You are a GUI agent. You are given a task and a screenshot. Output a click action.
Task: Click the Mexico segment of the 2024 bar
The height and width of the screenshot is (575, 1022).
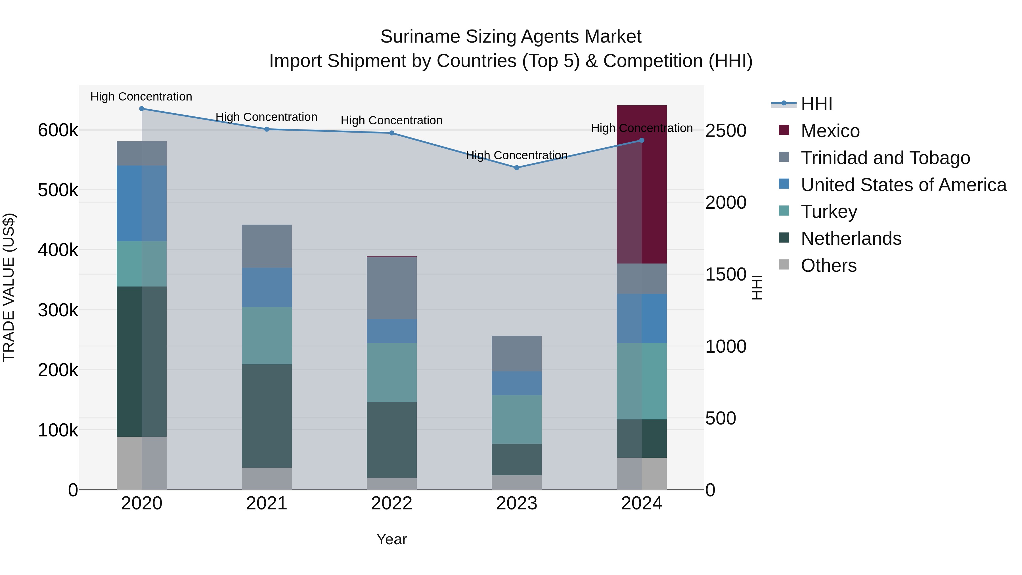click(642, 185)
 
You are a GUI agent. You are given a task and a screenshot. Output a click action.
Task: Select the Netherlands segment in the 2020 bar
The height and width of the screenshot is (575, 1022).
click(141, 361)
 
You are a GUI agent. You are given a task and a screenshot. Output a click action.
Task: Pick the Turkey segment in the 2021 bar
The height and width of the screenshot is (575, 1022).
click(267, 335)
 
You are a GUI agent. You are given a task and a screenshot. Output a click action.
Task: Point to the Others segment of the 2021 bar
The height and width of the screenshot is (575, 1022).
click(267, 478)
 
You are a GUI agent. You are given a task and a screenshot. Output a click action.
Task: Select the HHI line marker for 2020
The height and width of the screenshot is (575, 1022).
click(142, 109)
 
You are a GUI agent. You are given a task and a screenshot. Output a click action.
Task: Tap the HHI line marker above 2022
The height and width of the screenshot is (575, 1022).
click(391, 133)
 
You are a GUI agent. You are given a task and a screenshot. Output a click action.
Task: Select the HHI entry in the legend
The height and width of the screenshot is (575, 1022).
click(816, 104)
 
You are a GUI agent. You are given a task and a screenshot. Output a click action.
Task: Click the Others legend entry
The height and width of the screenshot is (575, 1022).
click(828, 265)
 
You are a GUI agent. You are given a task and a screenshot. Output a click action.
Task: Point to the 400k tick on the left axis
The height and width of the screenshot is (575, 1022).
click(58, 250)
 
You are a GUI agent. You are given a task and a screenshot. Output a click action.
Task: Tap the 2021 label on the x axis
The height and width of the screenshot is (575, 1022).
click(267, 503)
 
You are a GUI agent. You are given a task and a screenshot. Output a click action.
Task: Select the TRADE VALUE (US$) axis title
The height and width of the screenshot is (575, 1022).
click(9, 287)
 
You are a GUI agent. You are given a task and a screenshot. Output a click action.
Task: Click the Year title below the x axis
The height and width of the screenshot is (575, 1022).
click(391, 539)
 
